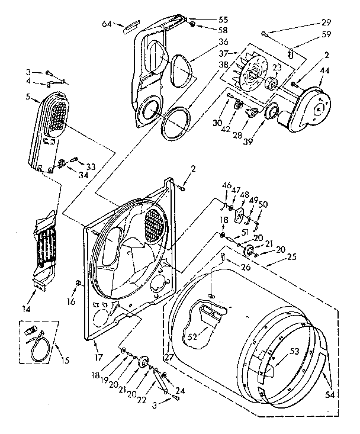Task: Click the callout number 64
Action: (x=107, y=24)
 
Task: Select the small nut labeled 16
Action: (x=78, y=282)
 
